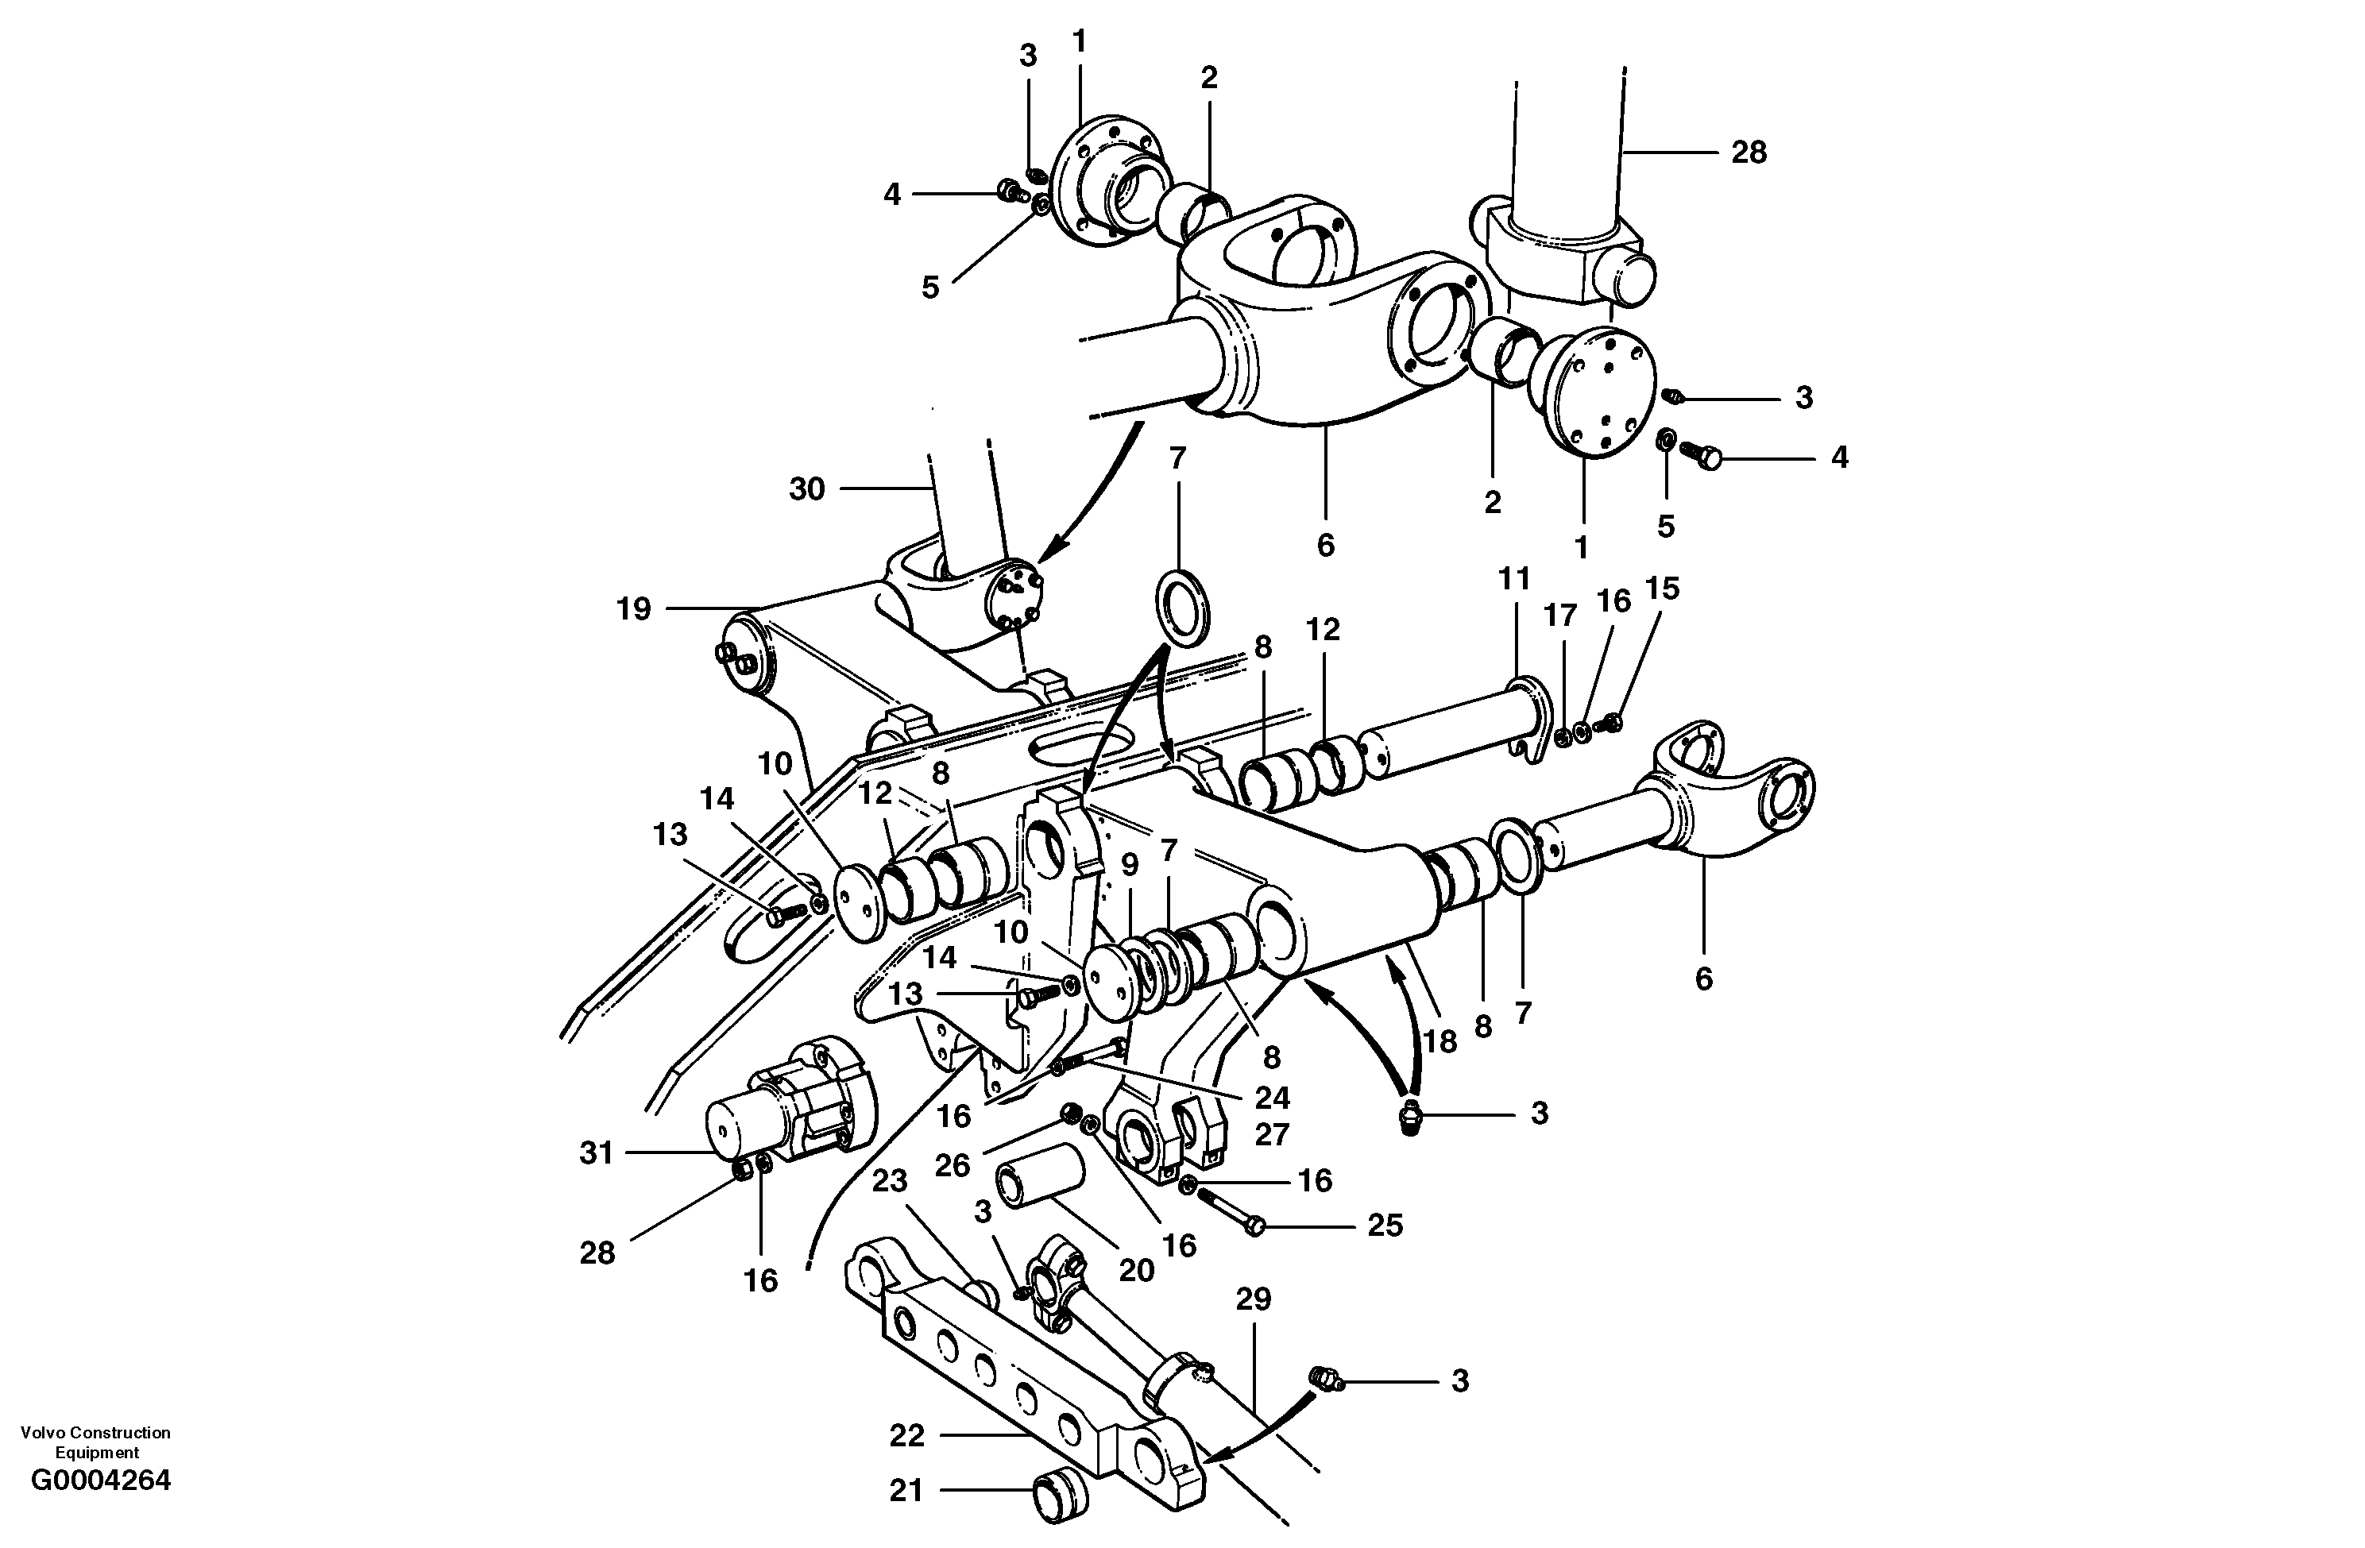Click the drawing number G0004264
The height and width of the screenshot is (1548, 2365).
click(x=100, y=1481)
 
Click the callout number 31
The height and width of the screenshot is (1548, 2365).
click(x=597, y=1153)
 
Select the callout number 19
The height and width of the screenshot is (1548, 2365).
click(x=634, y=608)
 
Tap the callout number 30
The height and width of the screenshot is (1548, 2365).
click(x=807, y=488)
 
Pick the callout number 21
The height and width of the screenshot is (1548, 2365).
click(x=906, y=1490)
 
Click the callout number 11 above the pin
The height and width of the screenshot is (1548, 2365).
click(x=1514, y=579)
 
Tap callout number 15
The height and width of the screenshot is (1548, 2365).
click(x=1661, y=589)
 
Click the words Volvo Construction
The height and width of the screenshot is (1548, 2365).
click(x=95, y=1433)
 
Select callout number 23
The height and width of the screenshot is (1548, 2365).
click(x=890, y=1181)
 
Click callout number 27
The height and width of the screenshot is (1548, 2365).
click(x=1272, y=1135)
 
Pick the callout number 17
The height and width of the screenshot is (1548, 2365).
click(x=1560, y=616)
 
